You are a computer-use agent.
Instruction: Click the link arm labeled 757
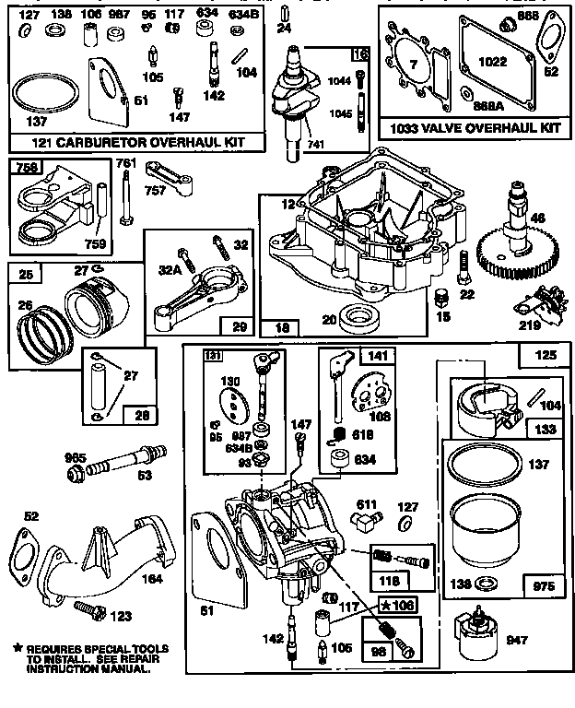pos(191,180)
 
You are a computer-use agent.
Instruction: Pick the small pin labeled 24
pos(286,16)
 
